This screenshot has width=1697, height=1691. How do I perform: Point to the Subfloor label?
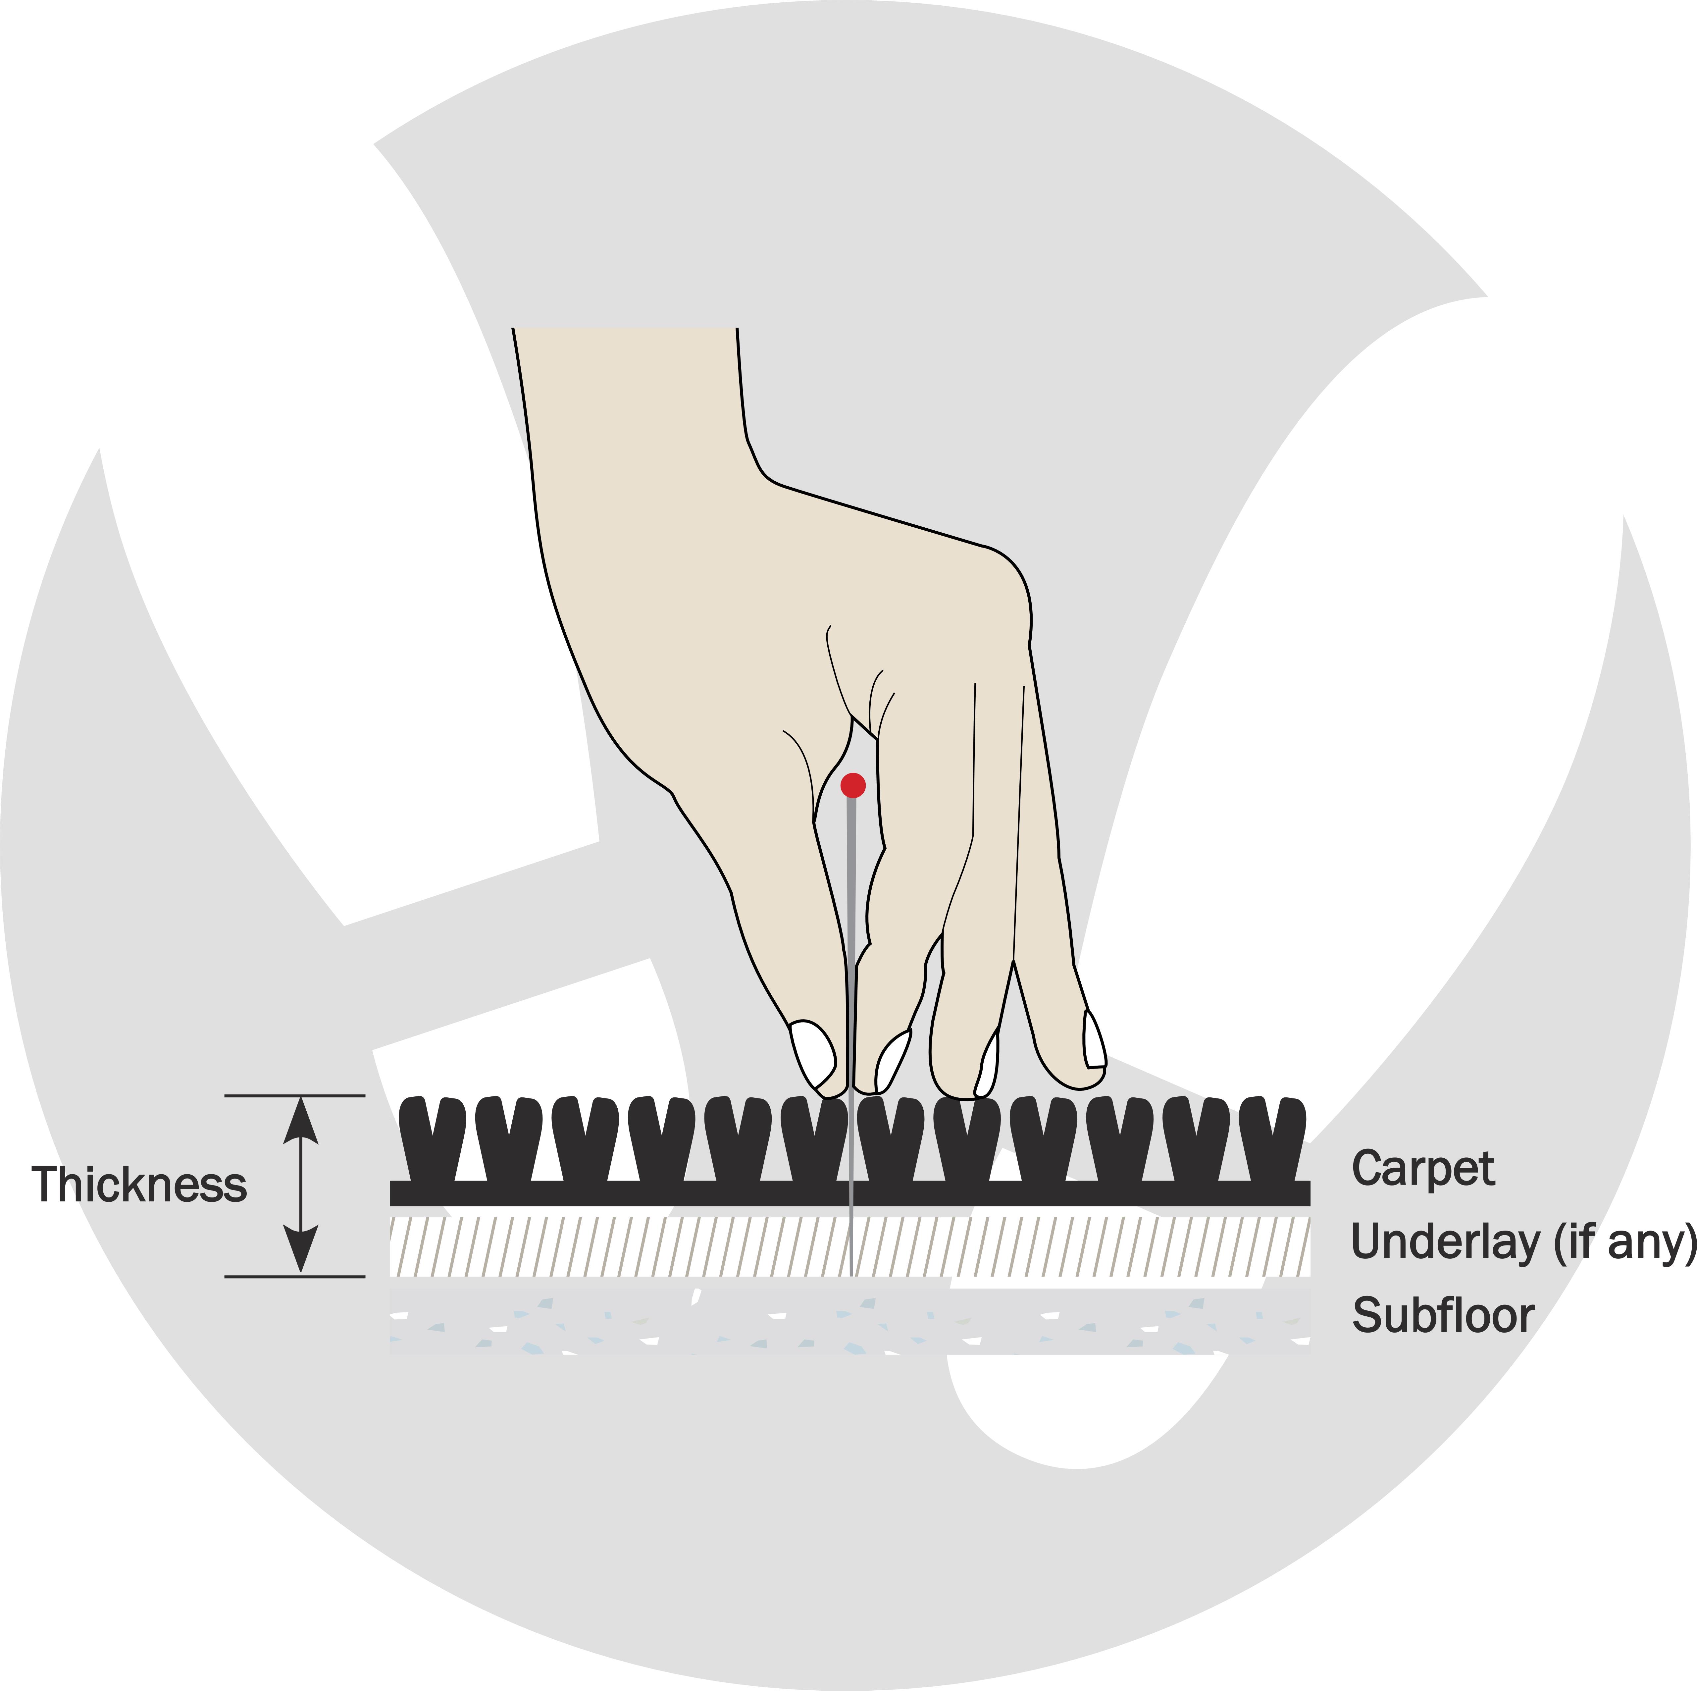coord(1443,1315)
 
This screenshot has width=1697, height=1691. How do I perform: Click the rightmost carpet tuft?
coord(1273,1139)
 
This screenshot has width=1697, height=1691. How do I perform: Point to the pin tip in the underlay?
coord(851,1274)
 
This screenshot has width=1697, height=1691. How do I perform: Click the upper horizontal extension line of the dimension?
coord(294,1095)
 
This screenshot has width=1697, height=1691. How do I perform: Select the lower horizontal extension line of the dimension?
coord(294,1276)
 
